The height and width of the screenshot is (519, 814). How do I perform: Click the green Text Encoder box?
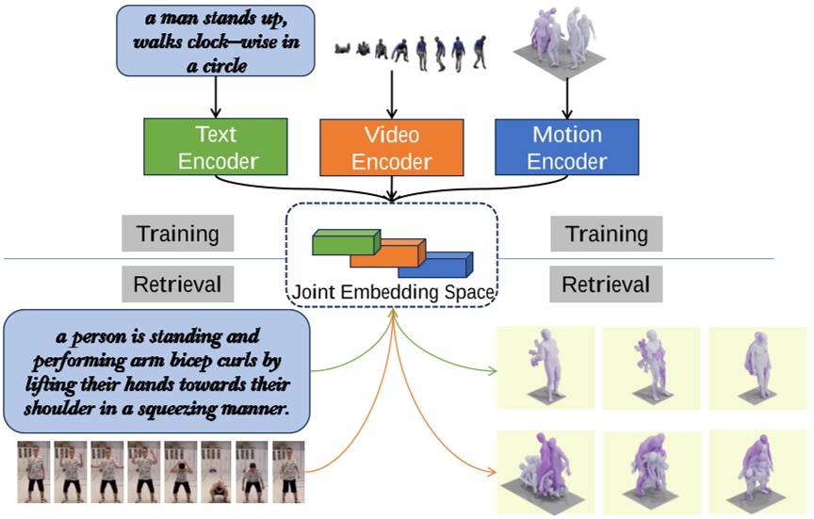(214, 148)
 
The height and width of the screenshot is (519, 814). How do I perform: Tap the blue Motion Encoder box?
(567, 148)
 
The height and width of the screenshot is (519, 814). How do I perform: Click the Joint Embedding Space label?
(392, 292)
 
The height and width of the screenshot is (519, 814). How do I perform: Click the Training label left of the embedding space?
(177, 234)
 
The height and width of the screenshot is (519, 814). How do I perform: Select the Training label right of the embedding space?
(605, 234)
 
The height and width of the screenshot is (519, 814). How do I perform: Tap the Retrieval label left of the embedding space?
(177, 282)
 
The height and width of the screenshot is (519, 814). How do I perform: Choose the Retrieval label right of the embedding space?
(605, 282)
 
